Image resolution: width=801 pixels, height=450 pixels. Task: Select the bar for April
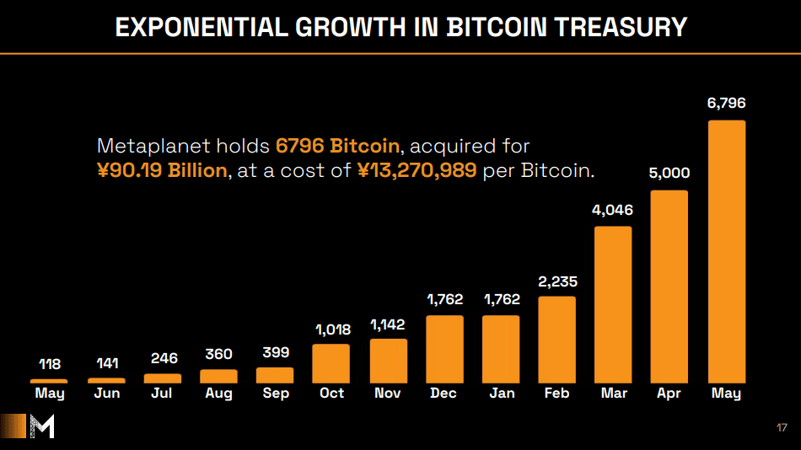click(x=669, y=287)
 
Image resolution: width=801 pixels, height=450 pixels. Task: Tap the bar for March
click(x=613, y=304)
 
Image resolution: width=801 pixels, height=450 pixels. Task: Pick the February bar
click(x=556, y=340)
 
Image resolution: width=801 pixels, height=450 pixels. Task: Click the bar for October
click(x=331, y=363)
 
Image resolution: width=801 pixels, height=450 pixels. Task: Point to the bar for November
click(x=388, y=361)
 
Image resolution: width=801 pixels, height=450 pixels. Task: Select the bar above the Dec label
click(x=444, y=349)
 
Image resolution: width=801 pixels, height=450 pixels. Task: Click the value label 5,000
click(x=669, y=174)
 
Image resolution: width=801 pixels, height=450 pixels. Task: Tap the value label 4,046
click(x=613, y=210)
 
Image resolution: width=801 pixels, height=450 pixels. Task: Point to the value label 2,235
click(x=557, y=281)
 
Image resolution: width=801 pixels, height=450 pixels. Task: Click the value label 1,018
click(x=332, y=329)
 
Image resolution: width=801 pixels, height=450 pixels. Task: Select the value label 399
click(x=275, y=352)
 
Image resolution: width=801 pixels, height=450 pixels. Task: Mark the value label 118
click(x=50, y=365)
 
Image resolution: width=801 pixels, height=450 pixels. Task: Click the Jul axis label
click(x=163, y=394)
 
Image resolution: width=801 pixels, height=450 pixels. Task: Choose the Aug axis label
click(x=219, y=394)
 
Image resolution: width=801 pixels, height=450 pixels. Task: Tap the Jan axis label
click(x=501, y=394)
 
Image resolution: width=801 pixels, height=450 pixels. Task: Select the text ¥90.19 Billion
click(x=162, y=170)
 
